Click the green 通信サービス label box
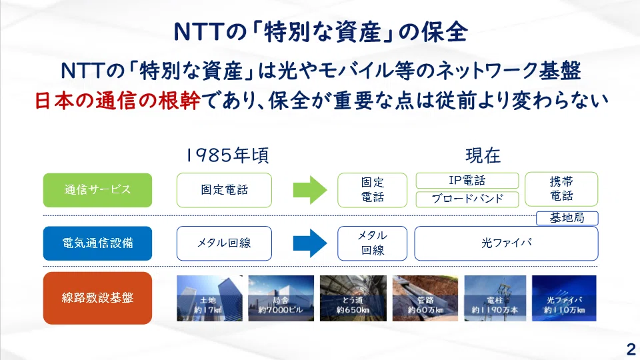click(97, 190)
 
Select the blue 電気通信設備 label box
click(97, 243)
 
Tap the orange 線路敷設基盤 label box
click(97, 298)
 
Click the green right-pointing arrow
click(310, 190)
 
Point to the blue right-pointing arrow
click(310, 243)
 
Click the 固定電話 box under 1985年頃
click(224, 190)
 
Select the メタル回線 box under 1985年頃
click(224, 243)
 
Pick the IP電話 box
click(467, 181)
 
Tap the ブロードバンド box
click(467, 199)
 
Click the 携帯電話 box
click(561, 189)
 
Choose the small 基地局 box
click(567, 219)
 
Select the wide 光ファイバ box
click(506, 243)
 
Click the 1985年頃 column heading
click(227, 155)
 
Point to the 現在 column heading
click(483, 155)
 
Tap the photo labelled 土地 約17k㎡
click(209, 298)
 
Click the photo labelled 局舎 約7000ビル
click(281, 298)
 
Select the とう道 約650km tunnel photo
click(353, 298)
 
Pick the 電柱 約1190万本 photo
click(495, 298)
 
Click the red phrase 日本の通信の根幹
click(117, 101)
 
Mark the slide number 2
click(631, 349)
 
